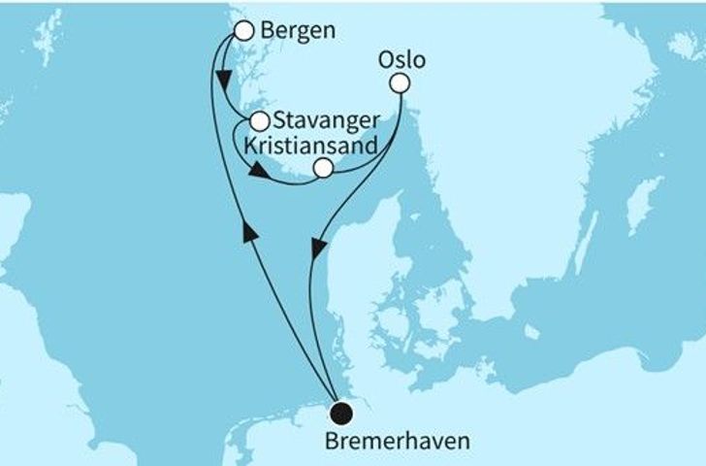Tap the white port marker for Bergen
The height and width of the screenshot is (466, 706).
243,31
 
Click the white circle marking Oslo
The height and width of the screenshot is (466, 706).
400,84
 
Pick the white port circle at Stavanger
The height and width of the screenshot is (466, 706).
259,122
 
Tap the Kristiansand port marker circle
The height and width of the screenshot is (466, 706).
324,169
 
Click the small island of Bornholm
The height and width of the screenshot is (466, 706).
530,332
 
